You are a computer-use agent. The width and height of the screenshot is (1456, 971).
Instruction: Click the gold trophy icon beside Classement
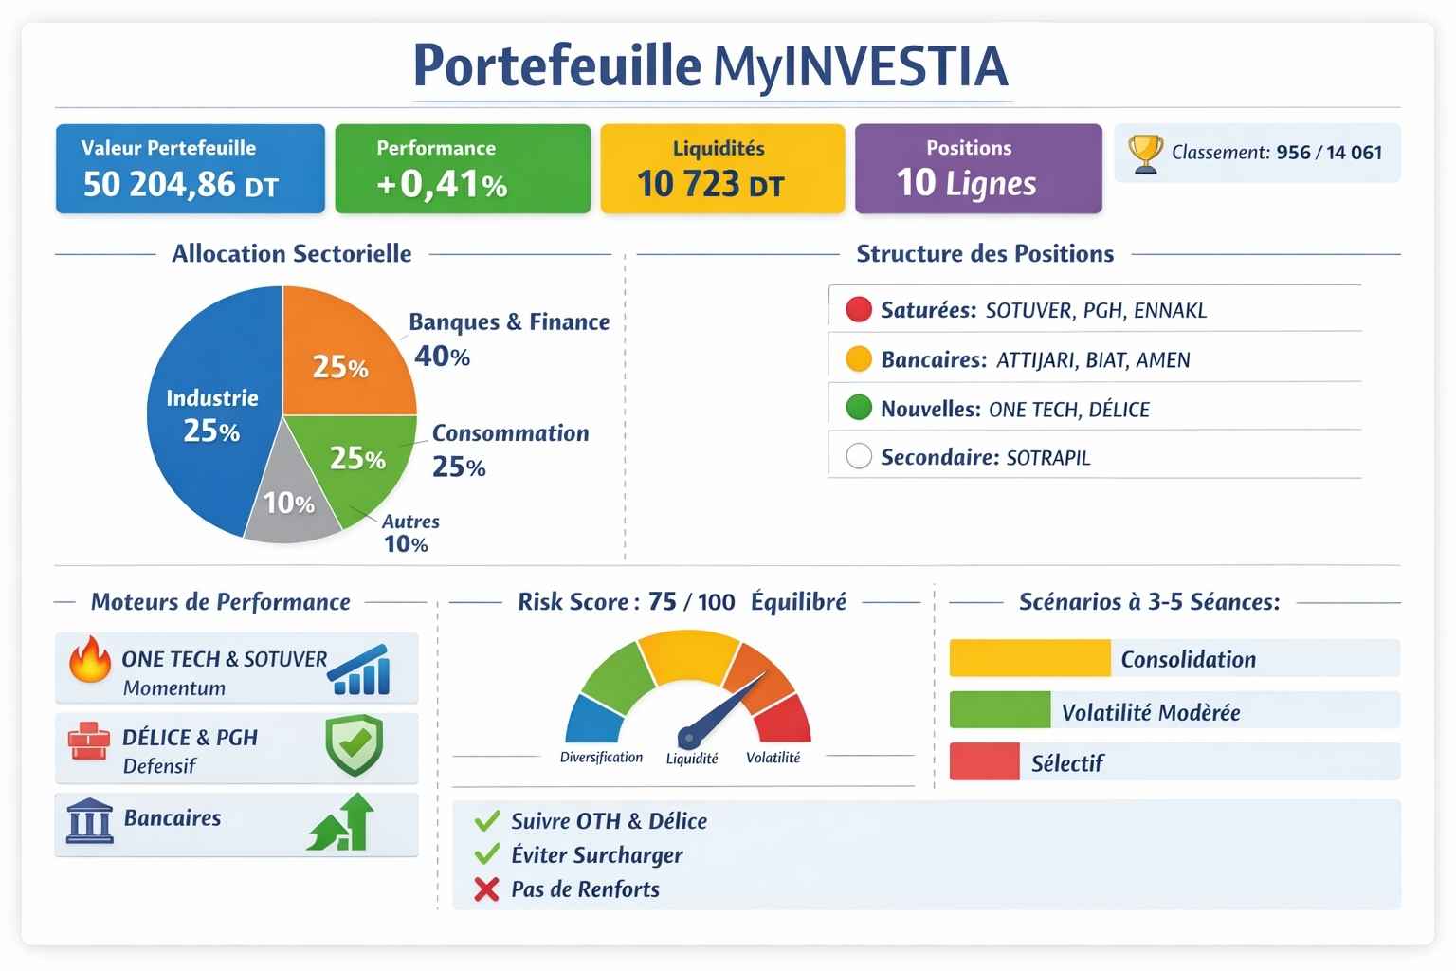tap(1145, 154)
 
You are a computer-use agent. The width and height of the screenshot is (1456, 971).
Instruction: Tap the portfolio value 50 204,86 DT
tap(180, 184)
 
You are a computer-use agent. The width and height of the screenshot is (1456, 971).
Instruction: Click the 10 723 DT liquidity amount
tap(710, 184)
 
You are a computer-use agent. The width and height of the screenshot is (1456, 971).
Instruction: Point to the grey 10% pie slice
tap(288, 503)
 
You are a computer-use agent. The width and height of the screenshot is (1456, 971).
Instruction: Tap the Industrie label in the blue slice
tap(211, 398)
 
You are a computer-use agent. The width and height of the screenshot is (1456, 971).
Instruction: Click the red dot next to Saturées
tap(858, 309)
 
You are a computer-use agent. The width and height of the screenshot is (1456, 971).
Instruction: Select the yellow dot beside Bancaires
tap(858, 359)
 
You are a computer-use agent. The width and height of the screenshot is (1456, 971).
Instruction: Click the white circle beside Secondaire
tap(858, 457)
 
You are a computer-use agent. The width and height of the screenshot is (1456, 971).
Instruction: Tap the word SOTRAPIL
tap(1047, 458)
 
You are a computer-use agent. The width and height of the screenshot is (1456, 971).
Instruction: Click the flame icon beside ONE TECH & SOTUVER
tap(90, 660)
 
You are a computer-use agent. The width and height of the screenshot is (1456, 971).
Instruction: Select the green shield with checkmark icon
tap(354, 745)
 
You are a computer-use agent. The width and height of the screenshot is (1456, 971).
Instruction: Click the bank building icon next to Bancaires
tap(89, 820)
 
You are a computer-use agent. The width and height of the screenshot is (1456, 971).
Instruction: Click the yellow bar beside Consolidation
tap(1028, 658)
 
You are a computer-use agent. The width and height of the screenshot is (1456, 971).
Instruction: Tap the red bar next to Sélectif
tap(983, 761)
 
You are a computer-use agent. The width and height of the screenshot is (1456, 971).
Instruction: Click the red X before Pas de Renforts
tap(486, 889)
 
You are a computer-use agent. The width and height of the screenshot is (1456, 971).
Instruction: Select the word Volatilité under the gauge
tap(773, 758)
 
